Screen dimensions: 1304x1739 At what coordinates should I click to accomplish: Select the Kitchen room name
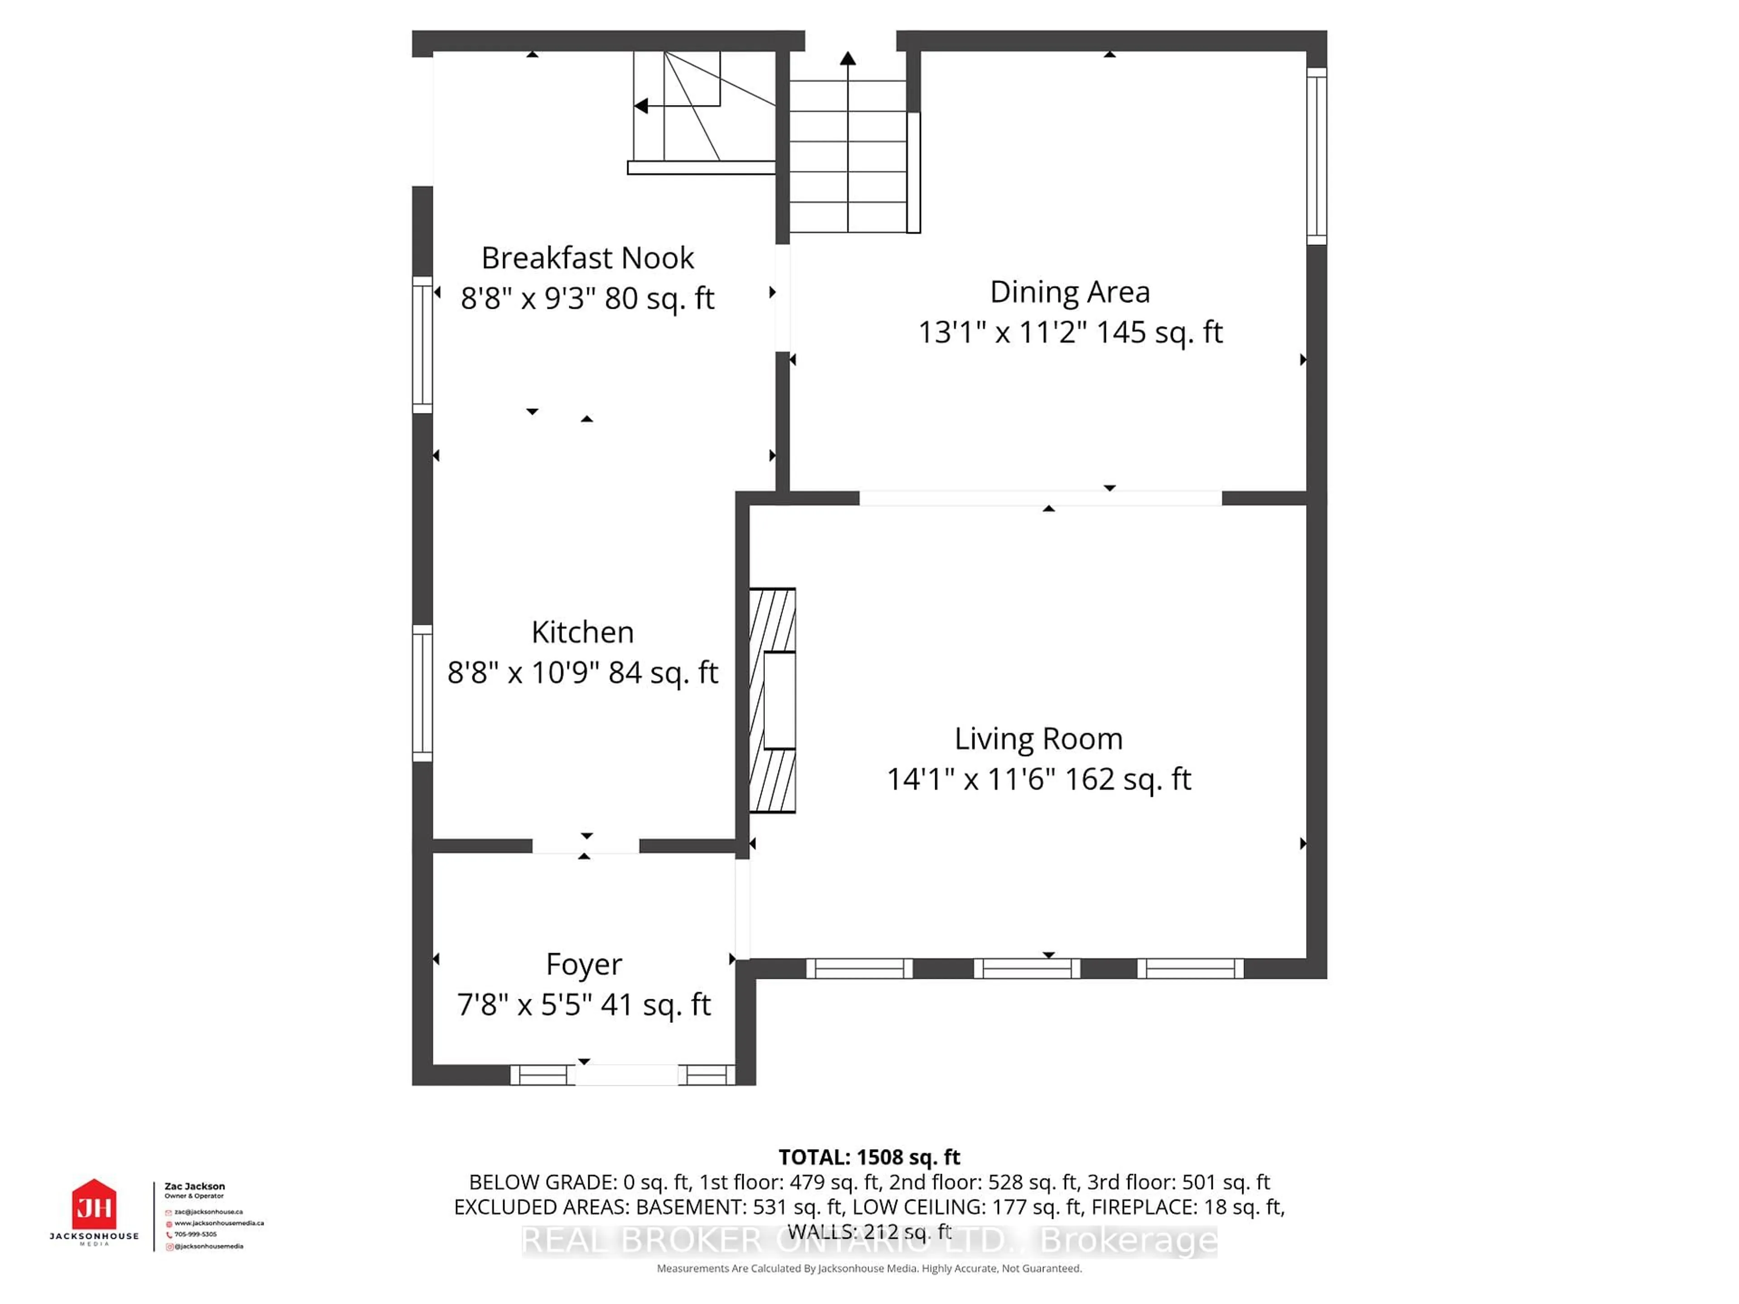pos(582,632)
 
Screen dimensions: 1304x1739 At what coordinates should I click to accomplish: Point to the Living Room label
pos(1038,739)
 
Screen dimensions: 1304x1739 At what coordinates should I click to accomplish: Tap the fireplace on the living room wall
pos(773,700)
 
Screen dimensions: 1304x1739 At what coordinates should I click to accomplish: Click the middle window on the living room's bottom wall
pos(1027,968)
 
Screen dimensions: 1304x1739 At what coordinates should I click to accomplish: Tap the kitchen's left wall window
pos(422,693)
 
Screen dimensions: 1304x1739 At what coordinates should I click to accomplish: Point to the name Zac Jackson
pos(194,1186)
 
